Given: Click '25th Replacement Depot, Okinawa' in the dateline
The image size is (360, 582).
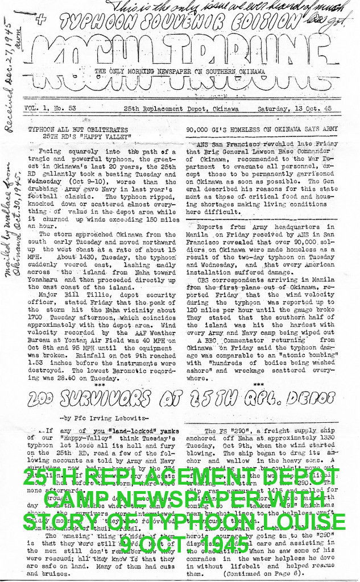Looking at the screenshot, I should click(x=182, y=109).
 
